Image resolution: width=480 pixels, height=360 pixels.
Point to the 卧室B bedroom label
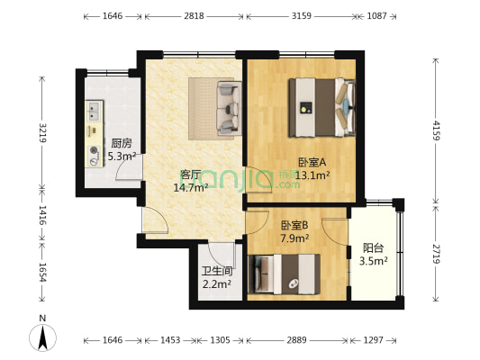click(294, 226)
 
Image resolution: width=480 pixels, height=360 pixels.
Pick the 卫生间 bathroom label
click(216, 271)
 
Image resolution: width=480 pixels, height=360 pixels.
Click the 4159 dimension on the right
click(437, 129)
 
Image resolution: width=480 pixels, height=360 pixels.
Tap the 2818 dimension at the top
click(194, 16)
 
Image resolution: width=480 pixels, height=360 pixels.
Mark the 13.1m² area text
click(312, 175)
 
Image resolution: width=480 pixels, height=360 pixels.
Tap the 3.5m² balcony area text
click(374, 262)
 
